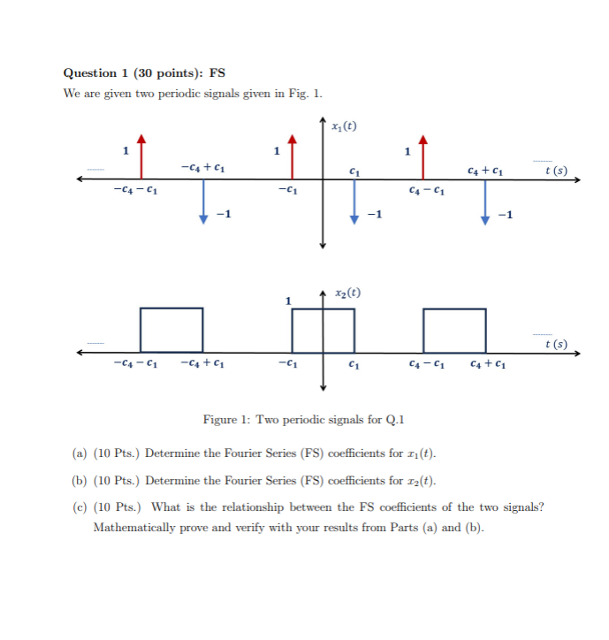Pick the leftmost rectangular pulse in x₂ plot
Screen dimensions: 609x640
pos(171,330)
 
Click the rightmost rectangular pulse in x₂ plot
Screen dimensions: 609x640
pos(454,330)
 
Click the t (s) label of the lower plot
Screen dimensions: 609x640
pos(556,344)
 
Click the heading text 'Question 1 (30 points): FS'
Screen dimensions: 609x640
pos(138,72)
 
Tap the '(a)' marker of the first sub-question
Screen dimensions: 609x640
pos(79,454)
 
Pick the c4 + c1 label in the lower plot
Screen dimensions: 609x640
pos(488,363)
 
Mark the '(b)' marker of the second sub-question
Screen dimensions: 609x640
pos(79,480)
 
